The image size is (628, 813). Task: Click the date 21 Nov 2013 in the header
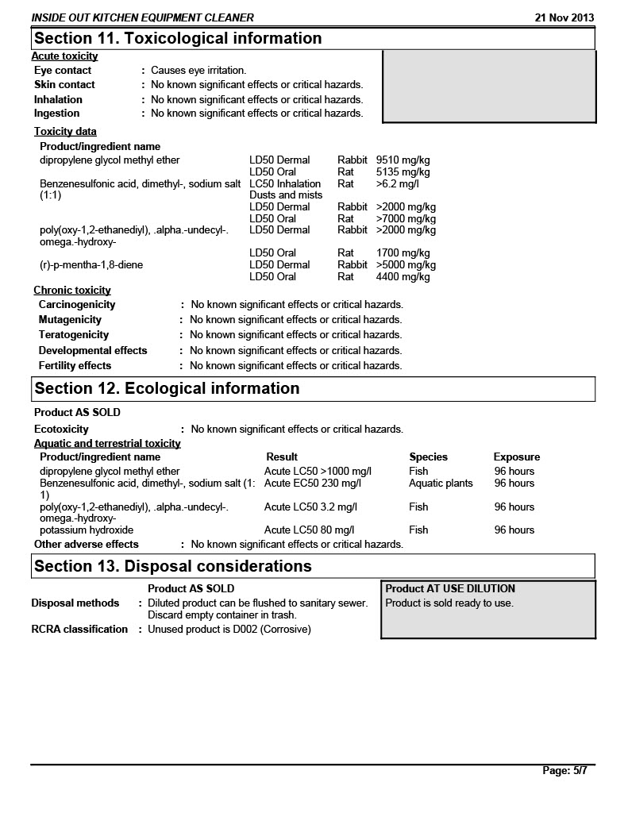click(564, 17)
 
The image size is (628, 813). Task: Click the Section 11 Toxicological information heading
click(178, 39)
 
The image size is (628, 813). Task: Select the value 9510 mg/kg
click(403, 160)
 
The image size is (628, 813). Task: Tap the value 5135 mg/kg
click(403, 171)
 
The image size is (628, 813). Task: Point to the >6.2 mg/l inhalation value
click(397, 183)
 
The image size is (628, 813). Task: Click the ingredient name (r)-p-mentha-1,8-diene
click(91, 264)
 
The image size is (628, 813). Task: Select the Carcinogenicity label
click(77, 304)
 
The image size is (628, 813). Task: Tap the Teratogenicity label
click(74, 334)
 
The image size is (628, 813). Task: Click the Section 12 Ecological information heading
click(167, 389)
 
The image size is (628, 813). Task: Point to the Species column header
click(428, 457)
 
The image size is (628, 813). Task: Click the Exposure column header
click(516, 457)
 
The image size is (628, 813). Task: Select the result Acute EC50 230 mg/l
click(312, 483)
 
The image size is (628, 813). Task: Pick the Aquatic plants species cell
click(441, 483)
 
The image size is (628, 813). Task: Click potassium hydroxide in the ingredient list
click(87, 530)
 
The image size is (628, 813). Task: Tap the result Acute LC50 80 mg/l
click(309, 530)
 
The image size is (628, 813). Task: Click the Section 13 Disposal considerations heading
click(172, 567)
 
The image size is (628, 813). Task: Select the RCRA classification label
click(79, 629)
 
